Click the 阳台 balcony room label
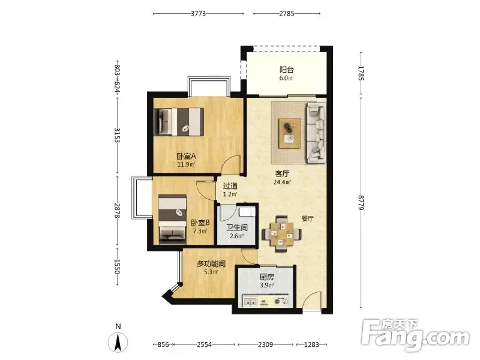[x=287, y=70]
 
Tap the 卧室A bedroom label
[x=186, y=156]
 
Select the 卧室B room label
[x=200, y=223]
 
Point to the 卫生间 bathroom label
[x=236, y=228]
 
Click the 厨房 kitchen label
[x=266, y=277]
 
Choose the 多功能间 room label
[x=211, y=263]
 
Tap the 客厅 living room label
[x=282, y=174]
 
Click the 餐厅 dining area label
[x=307, y=218]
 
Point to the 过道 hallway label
[x=230, y=186]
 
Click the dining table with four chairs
[x=281, y=234]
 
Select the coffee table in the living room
[x=290, y=134]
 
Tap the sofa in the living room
[x=316, y=133]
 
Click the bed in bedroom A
[x=179, y=122]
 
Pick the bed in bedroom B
[x=172, y=219]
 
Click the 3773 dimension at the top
[x=199, y=13]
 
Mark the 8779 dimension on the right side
[x=361, y=203]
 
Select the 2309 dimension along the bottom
[x=265, y=344]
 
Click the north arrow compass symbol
[x=118, y=340]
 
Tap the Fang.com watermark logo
[x=415, y=335]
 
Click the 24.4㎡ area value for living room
[x=282, y=182]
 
